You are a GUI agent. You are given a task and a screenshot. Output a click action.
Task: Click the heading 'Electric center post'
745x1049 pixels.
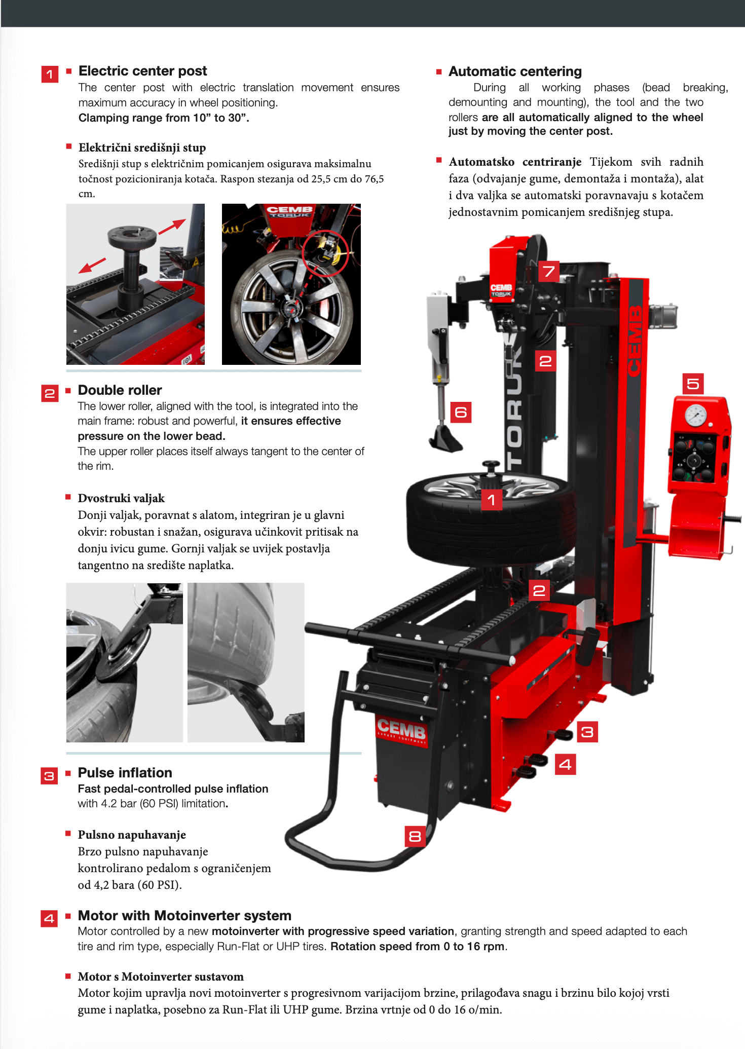(x=143, y=71)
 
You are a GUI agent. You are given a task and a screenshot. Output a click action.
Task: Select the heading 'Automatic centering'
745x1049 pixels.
(x=515, y=71)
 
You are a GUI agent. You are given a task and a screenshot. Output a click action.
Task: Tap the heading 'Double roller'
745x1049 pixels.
(x=120, y=390)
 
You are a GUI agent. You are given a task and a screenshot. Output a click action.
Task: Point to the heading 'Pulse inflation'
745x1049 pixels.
(x=125, y=773)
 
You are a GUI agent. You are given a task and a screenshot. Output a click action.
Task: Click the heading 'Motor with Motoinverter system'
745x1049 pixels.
(x=184, y=916)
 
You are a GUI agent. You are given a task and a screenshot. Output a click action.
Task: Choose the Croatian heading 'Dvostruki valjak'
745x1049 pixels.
(x=121, y=498)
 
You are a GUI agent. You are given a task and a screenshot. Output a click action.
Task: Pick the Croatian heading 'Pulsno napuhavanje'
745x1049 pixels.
(x=132, y=835)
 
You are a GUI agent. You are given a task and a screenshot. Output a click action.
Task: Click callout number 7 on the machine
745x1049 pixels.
(x=548, y=271)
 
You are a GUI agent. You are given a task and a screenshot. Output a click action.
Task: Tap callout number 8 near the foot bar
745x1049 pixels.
(x=415, y=836)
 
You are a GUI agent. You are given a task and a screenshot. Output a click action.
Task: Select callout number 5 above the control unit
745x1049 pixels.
(x=693, y=384)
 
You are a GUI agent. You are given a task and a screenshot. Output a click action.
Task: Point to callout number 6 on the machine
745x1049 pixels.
(x=461, y=412)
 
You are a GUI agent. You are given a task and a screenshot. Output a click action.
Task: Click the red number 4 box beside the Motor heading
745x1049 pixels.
(x=49, y=918)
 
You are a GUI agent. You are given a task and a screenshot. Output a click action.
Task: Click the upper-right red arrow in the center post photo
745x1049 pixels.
(x=172, y=226)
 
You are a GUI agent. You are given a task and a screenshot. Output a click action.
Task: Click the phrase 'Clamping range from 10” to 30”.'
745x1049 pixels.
(x=164, y=118)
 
